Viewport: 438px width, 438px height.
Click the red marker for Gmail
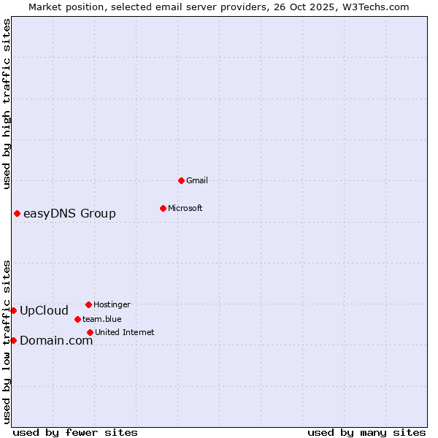click(181, 180)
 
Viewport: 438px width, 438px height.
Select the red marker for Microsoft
click(163, 208)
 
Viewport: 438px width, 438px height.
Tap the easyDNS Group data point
click(17, 213)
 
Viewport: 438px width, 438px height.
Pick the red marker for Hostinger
click(88, 304)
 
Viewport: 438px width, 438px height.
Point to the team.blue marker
click(77, 319)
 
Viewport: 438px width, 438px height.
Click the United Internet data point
click(90, 332)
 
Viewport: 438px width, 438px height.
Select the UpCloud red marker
click(13, 310)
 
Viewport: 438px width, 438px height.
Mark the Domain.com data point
click(13, 340)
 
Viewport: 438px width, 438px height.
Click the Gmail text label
click(197, 180)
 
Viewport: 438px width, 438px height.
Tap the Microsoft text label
click(185, 208)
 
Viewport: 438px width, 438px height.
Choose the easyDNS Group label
click(69, 213)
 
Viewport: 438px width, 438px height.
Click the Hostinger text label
click(112, 304)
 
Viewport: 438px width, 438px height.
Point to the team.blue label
click(102, 319)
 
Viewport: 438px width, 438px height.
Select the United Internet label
click(125, 332)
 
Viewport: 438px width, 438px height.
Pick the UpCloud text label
click(44, 310)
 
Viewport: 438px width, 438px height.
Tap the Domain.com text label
click(56, 340)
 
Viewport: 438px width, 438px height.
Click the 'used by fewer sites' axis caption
click(75, 432)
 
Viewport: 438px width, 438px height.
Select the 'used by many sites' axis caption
click(366, 432)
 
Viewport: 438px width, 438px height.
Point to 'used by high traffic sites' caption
click(7, 104)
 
